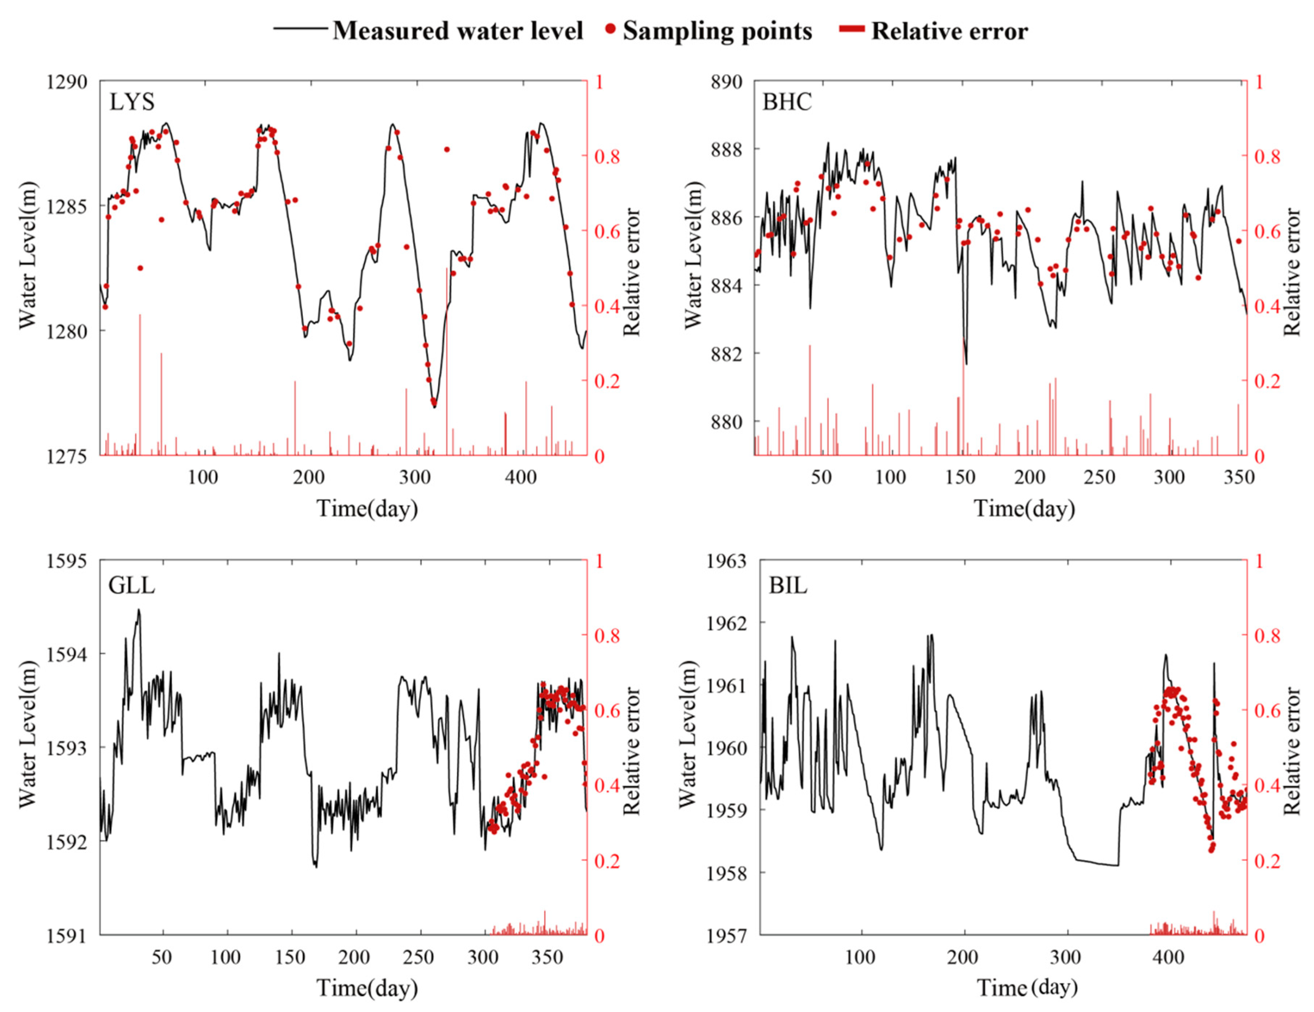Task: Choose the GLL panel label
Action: pos(131,585)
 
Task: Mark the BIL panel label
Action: pos(787,585)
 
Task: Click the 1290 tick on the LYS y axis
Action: pos(66,81)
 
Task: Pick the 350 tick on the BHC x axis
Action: pos(1239,477)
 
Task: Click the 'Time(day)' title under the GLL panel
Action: pos(367,988)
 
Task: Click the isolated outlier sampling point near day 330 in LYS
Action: pos(446,149)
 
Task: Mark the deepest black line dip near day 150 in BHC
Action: pos(966,363)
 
